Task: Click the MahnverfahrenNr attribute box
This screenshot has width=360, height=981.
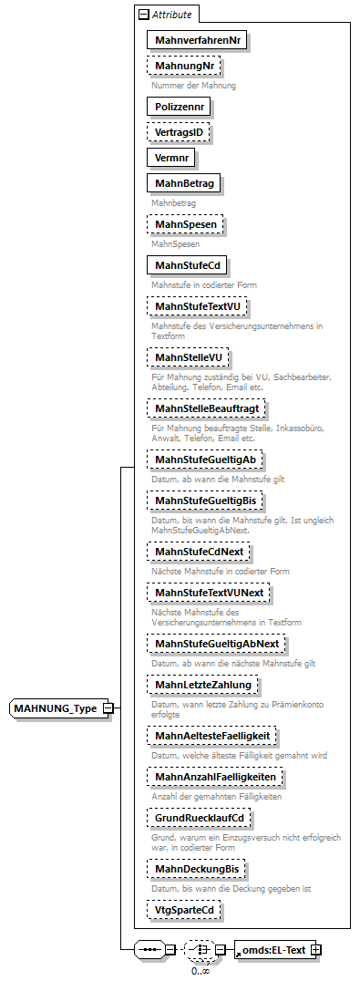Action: pos(198,40)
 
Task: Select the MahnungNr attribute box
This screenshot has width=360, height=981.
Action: pos(184,67)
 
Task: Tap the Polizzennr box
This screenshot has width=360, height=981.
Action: pos(180,107)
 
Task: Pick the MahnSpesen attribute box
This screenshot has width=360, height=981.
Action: pos(186,224)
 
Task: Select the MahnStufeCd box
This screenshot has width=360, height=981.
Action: pos(187,265)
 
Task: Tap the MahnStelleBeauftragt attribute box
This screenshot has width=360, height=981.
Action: pos(206,408)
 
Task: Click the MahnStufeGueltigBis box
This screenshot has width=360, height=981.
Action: pos(205,501)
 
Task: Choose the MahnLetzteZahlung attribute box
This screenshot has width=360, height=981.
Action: pos(202,684)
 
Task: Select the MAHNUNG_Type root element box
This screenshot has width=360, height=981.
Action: pos(56,708)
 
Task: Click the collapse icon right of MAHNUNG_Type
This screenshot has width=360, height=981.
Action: pos(108,708)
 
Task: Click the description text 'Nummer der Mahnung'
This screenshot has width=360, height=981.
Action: pos(193,86)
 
